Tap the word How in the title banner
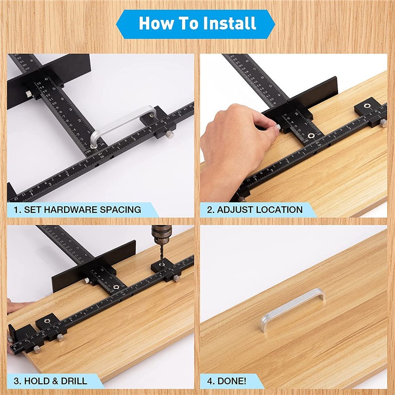pos(155,23)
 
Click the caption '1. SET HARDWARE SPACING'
pos(77,209)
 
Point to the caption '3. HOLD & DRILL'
pos(50,381)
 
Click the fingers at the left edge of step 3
pos(12,307)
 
